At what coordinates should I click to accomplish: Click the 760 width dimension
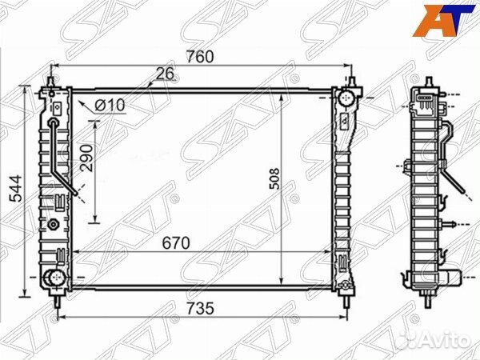point(200,57)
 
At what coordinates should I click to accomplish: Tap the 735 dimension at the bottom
point(200,308)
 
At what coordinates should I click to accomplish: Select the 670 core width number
point(176,243)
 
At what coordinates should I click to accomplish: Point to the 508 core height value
point(274,178)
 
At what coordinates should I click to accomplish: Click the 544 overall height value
point(16,188)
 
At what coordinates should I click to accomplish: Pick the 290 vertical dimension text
point(86,158)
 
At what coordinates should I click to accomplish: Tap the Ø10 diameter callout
point(110,106)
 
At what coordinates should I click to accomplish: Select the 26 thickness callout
point(165,74)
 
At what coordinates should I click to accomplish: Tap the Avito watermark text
point(446,339)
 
